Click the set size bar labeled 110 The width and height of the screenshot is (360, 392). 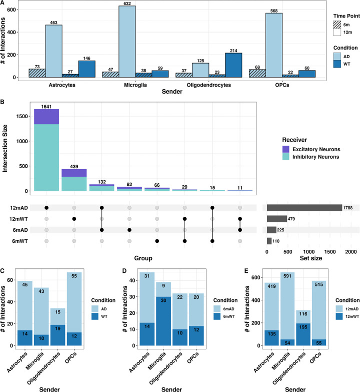tap(269, 241)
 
